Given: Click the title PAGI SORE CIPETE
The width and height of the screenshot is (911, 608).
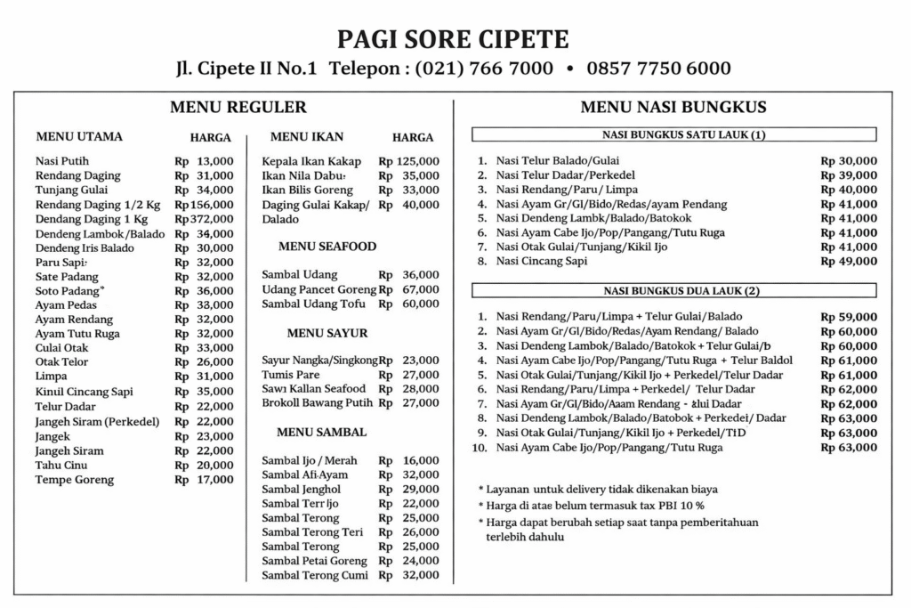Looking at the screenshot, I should pos(454,39).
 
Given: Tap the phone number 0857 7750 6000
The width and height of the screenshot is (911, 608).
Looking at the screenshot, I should pos(659,69).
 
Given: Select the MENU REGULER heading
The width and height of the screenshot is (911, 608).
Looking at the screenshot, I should pos(238,108).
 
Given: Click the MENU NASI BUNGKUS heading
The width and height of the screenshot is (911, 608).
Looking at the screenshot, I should pos(673,108).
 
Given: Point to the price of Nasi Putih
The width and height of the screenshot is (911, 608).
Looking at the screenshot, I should pos(204,161).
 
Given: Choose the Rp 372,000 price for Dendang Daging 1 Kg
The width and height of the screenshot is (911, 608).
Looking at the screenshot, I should pos(204,219).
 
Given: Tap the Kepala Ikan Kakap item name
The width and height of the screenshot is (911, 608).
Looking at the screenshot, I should pos(310,161).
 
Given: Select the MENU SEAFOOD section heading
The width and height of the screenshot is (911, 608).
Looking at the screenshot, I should pos(327,246).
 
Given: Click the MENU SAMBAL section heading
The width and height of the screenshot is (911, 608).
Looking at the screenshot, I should pos(321,432).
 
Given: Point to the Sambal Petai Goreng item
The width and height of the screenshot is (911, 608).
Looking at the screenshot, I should pos(314,561).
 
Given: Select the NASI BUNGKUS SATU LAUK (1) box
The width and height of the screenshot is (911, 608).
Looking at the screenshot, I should pos(673,135).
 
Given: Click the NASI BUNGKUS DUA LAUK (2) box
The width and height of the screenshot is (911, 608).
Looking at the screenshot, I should pos(673,290).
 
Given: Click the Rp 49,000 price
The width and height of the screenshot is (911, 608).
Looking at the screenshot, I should pos(848,261).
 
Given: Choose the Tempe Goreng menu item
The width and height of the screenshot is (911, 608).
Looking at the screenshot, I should pos(75,480).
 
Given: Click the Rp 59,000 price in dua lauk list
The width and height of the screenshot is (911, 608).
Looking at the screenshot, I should pos(848,317).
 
